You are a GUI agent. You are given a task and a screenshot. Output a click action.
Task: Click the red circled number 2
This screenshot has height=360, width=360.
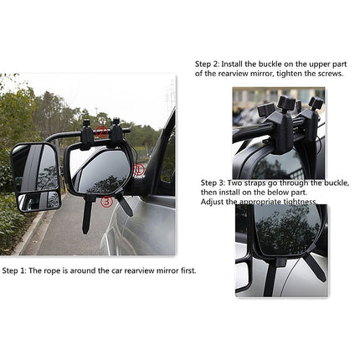100,132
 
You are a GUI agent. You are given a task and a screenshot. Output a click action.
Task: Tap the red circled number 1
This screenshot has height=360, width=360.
139,170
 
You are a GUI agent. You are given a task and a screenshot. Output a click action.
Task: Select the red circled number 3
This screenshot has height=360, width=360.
106,201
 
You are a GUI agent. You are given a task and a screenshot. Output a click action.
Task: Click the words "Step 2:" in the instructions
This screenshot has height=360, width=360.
208,64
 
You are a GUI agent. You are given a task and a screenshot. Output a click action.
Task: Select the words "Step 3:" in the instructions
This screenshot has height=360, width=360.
213,182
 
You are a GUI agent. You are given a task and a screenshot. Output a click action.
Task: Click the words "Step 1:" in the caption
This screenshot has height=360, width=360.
16,270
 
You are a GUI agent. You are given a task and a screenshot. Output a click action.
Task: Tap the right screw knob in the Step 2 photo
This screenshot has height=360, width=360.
316,104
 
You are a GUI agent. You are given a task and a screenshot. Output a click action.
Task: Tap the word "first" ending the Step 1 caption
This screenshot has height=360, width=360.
187,270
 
